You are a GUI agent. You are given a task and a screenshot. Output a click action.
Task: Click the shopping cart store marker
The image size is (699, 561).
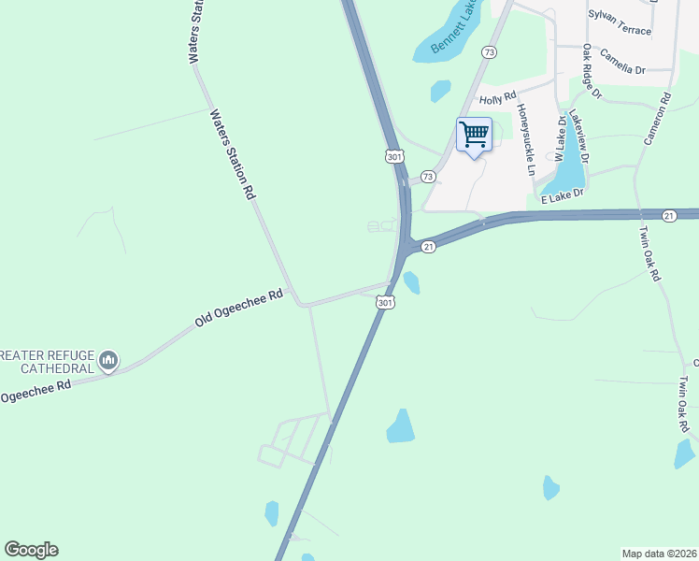point(474,135)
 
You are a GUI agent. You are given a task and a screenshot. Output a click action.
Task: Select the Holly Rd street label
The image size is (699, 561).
point(497,98)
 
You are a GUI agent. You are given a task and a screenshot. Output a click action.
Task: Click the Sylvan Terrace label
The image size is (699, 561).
point(620,22)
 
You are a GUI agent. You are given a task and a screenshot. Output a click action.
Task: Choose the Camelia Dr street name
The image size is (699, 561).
point(622,62)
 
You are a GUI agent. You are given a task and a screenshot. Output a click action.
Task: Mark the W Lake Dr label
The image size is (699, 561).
point(561,137)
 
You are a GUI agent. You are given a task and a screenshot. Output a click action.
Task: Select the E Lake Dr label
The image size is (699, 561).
point(562,194)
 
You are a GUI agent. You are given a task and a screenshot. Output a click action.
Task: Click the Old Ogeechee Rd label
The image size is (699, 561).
point(238,309)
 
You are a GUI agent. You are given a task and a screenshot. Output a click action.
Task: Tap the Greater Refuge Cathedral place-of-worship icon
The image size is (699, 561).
point(108,360)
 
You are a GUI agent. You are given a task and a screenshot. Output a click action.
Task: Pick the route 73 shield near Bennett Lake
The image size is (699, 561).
point(490,52)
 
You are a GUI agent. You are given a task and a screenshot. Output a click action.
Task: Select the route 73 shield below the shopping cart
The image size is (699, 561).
point(428,176)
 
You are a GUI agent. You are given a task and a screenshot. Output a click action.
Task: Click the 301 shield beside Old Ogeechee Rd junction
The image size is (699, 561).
point(385,302)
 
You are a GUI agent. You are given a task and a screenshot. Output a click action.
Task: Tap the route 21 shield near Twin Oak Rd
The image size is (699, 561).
point(669,216)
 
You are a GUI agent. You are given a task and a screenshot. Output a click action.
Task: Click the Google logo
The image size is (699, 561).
point(31,550)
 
